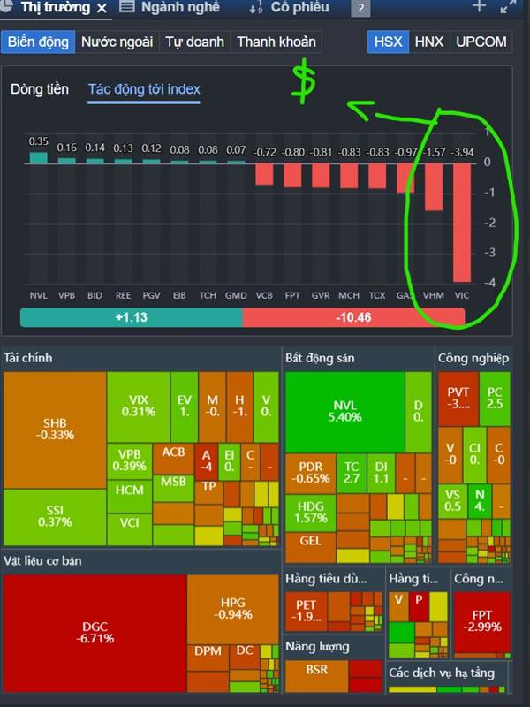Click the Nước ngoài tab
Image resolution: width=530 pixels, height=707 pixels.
(117, 42)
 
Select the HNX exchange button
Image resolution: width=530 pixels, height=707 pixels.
(429, 42)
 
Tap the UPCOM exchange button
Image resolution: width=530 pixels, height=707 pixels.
(481, 42)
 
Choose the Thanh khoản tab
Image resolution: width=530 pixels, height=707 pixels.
(276, 42)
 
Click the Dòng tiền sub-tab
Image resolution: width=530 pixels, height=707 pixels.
(40, 89)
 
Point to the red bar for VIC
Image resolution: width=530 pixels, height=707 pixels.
(462, 222)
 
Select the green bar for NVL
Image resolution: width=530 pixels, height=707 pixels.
(39, 157)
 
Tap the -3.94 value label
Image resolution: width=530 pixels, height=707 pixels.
(462, 152)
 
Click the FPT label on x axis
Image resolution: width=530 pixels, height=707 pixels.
(292, 295)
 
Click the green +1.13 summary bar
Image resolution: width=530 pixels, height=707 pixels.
(131, 318)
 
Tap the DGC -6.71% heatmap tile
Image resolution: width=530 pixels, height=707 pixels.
(95, 632)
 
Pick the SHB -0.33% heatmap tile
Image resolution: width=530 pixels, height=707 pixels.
(55, 429)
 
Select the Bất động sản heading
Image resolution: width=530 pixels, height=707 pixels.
(320, 358)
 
